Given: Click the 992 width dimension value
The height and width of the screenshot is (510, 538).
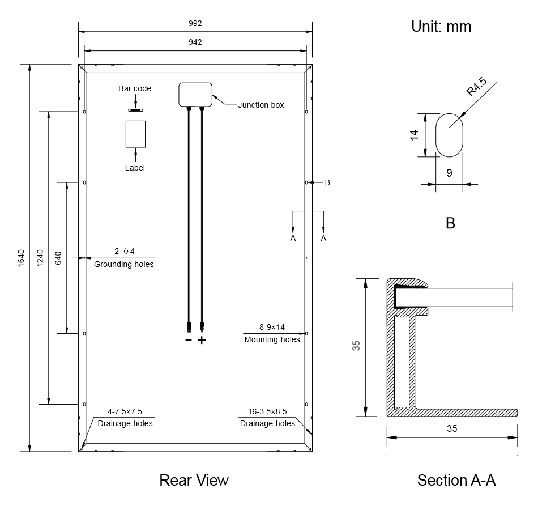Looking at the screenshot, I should click(195, 23).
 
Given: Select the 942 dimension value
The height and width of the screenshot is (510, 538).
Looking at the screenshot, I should click(195, 42).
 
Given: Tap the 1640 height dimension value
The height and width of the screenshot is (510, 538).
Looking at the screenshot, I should click(22, 258).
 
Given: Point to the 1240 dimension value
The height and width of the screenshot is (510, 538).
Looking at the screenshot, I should click(40, 258).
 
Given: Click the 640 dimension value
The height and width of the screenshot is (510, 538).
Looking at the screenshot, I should click(58, 258).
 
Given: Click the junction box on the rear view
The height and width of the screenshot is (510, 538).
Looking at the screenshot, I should click(195, 94).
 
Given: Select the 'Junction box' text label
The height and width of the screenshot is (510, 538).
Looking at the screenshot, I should click(261, 105).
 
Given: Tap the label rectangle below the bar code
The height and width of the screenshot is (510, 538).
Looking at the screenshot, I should click(135, 134).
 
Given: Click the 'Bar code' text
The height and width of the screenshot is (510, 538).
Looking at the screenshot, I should click(135, 88).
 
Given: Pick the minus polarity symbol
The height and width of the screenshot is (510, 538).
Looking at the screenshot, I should click(189, 341).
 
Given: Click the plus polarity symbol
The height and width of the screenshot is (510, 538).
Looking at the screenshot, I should click(202, 341).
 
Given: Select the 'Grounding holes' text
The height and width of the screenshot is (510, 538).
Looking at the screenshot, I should click(123, 264).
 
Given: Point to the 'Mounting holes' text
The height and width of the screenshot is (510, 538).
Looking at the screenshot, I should click(272, 339).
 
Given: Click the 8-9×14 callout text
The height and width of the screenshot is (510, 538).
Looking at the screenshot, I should click(272, 327).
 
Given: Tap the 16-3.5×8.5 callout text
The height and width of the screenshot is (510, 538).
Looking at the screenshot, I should click(267, 411).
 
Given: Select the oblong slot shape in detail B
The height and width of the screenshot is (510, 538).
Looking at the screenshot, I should click(449, 134).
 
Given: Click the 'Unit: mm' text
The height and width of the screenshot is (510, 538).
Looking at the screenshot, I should click(441, 27).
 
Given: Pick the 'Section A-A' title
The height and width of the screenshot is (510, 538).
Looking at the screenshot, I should click(456, 481).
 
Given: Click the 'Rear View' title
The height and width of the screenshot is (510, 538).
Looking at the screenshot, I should click(194, 481).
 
